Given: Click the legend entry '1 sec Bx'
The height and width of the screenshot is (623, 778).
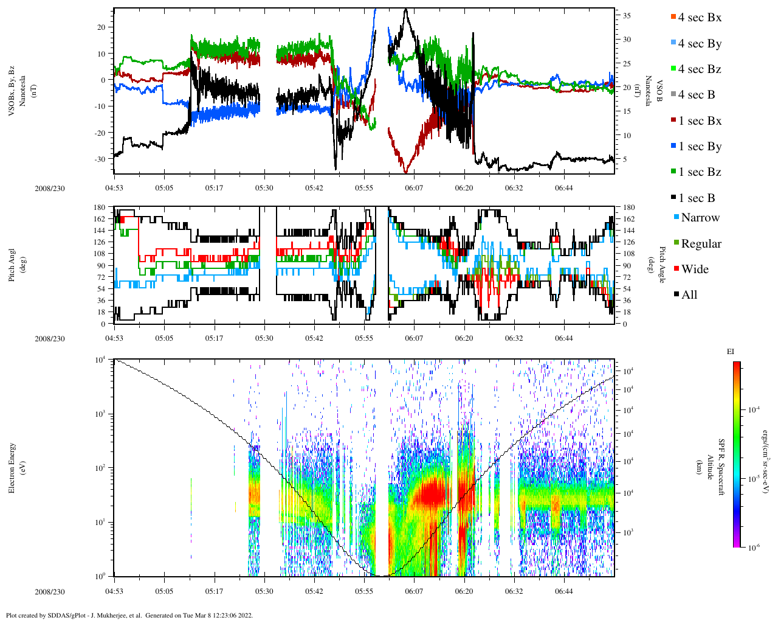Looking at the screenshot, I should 700,121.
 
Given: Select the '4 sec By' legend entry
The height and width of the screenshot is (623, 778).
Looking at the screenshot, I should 700,44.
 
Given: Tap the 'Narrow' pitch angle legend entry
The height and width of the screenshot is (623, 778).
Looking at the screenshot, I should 700,218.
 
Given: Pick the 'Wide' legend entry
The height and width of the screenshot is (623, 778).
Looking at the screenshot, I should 695,270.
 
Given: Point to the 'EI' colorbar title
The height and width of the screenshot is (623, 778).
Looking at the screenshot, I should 731,352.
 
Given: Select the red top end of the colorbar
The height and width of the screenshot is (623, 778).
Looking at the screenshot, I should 736,365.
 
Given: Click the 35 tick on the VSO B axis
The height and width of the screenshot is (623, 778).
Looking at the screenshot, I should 627,16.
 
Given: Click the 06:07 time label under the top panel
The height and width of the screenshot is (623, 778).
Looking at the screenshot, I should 414,189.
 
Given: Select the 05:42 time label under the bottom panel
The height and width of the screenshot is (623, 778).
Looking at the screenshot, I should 314,591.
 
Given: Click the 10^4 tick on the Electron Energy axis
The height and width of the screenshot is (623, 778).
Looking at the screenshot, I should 100,360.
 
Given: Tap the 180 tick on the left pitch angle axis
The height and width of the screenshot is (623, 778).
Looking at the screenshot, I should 99,207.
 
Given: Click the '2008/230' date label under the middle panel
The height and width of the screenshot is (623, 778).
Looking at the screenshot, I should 50,339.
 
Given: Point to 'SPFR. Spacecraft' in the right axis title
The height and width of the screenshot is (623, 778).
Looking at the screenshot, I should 722,467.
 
